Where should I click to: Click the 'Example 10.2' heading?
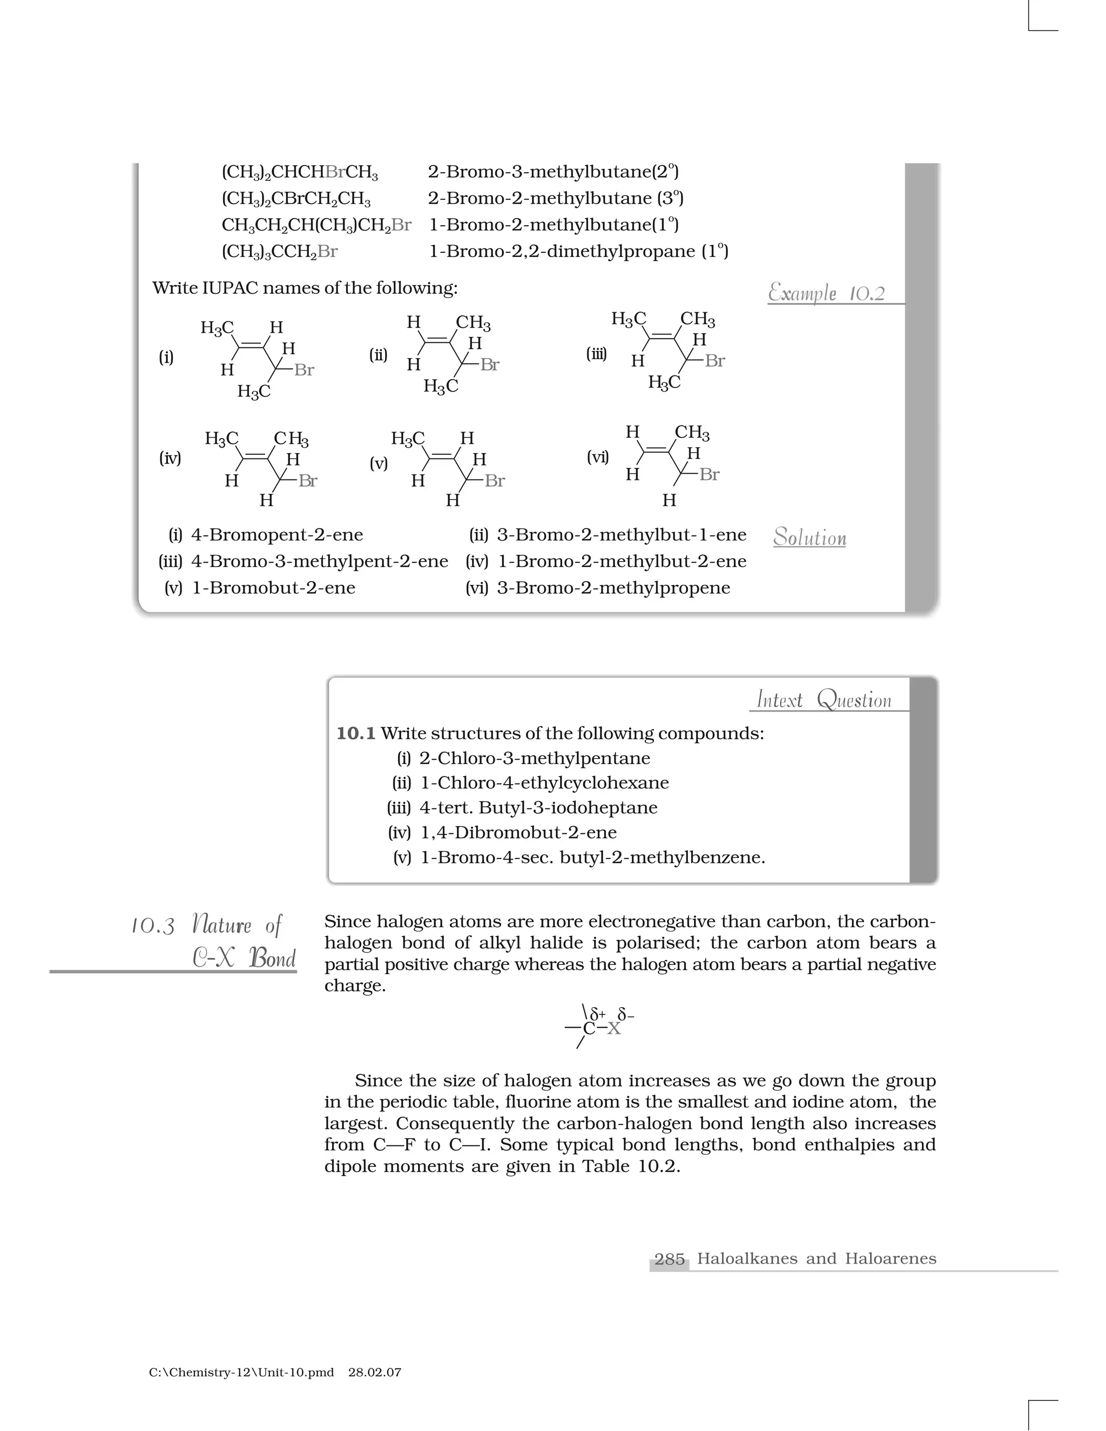826,293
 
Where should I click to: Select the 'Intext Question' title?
824,700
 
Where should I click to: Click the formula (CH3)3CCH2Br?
280,252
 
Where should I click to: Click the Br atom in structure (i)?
304,370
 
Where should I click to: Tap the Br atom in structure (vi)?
709,474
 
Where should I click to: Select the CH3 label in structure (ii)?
473,323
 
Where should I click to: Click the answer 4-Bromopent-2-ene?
276,535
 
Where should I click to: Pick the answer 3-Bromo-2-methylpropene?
613,588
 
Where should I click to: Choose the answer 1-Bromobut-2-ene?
273,588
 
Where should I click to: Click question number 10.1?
356,733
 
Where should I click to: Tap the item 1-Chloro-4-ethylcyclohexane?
544,783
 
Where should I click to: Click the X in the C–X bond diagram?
613,1028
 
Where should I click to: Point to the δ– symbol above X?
626,1016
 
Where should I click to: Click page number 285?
669,1259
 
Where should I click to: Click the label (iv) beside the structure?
170,458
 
